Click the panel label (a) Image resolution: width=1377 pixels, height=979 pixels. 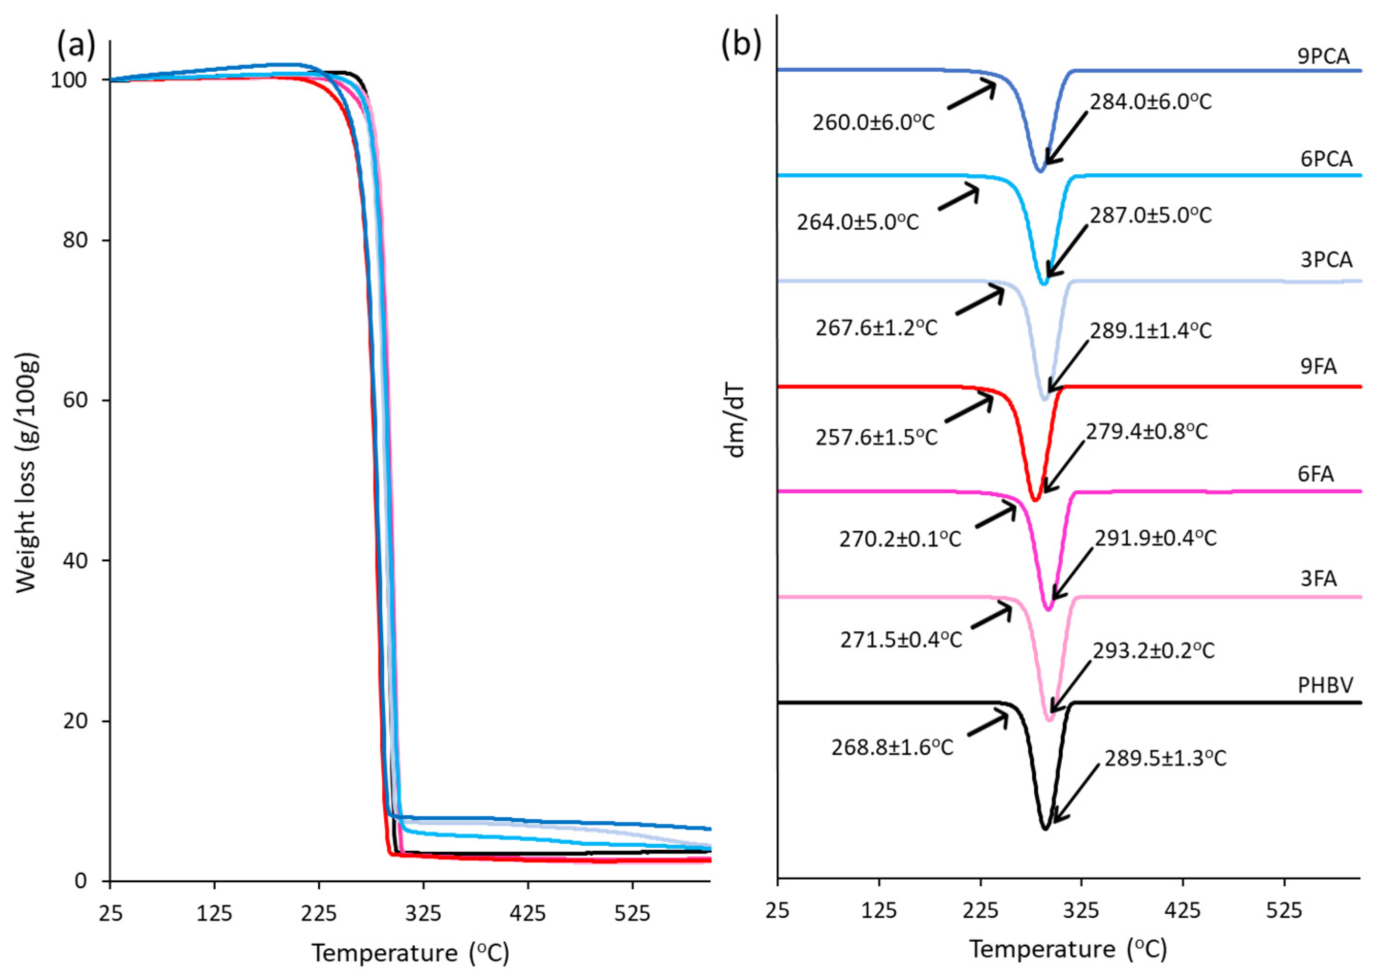[76, 46]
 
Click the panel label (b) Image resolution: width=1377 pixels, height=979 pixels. [741, 44]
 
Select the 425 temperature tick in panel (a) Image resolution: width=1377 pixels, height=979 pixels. [527, 914]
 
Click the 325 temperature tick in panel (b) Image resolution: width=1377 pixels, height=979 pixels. [1082, 910]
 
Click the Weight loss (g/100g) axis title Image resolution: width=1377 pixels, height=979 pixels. [27, 473]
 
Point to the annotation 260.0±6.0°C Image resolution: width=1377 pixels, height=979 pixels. [873, 123]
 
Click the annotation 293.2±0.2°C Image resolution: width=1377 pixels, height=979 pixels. [1154, 651]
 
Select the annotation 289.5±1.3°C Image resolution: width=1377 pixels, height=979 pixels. [1166, 758]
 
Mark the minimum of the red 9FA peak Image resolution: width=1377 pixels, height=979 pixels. [1035, 500]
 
